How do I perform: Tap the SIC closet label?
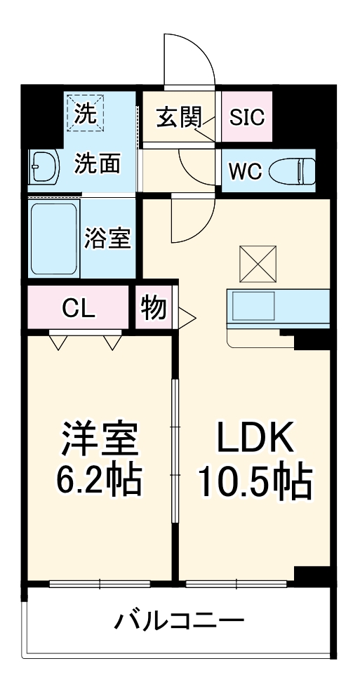click(247, 117)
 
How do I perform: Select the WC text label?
click(245, 170)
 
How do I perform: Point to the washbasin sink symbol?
click(41, 167)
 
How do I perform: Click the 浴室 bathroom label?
click(107, 239)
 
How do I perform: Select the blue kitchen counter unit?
click(278, 307)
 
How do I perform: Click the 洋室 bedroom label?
click(98, 440)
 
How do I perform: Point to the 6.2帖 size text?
click(98, 481)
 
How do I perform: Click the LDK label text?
click(253, 440)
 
